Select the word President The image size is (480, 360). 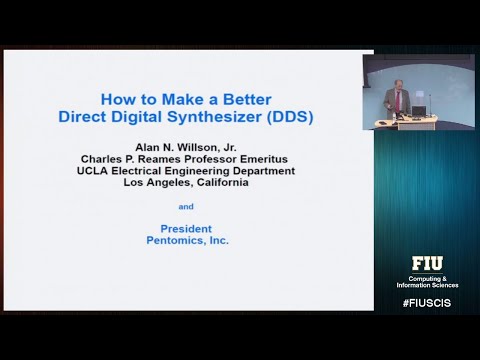coord(186,228)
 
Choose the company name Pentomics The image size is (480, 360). coord(176,241)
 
